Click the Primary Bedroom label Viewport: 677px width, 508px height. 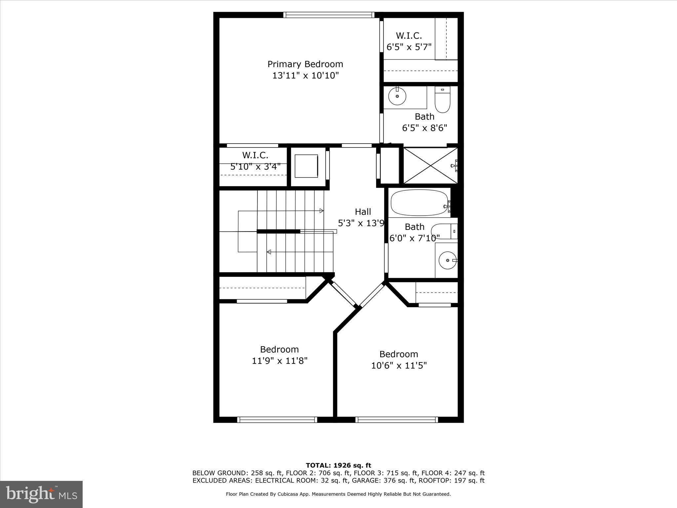[305, 64]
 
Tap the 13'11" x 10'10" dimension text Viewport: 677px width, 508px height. [305, 75]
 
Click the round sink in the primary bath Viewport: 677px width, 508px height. [397, 96]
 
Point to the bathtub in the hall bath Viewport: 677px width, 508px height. [419, 203]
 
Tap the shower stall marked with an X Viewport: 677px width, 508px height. [430, 165]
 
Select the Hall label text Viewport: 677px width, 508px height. [363, 212]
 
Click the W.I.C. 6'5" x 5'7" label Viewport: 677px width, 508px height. [409, 41]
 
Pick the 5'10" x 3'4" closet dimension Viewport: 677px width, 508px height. [255, 166]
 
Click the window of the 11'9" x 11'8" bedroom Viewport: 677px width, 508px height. [277, 419]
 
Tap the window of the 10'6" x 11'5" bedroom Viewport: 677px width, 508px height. [397, 419]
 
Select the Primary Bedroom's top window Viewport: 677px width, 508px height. [329, 15]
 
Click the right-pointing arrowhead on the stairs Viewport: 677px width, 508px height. [322, 211]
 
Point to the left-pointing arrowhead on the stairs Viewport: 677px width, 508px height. [269, 252]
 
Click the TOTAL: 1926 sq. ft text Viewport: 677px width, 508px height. [338, 465]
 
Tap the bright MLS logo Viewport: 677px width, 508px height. [41, 494]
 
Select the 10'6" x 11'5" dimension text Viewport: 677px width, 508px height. [399, 365]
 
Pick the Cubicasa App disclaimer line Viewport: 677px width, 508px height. [338, 494]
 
